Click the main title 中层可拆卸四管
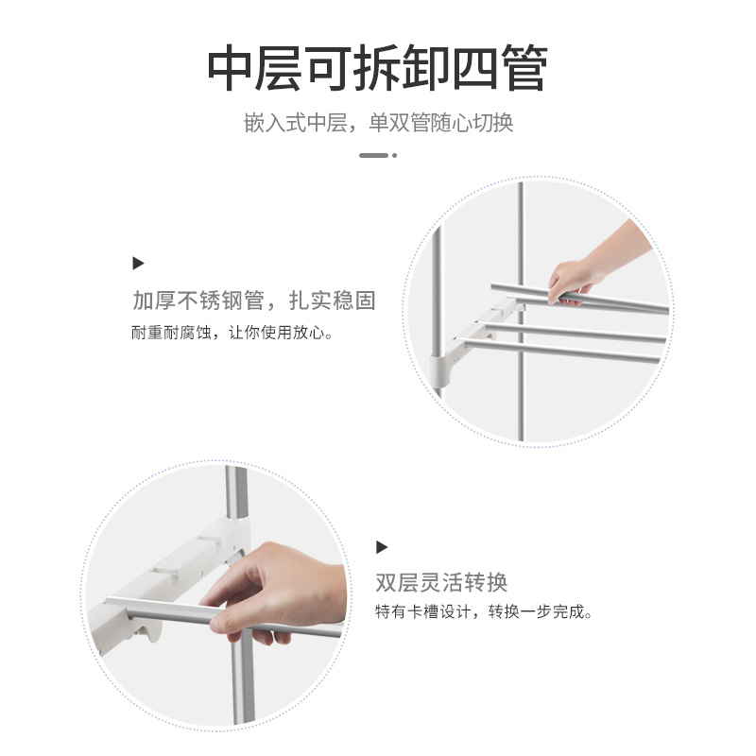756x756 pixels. (377, 68)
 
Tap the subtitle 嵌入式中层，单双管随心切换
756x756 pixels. (379, 123)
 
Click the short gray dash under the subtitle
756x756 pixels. (373, 155)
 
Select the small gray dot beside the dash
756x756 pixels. (394, 155)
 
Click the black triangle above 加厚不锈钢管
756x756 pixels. (138, 264)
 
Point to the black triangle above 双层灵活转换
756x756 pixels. (382, 547)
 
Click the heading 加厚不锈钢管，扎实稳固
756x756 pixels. (254, 301)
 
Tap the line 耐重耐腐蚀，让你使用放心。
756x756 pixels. (232, 333)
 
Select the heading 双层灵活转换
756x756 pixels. (441, 582)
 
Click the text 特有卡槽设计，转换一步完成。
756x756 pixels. (484, 611)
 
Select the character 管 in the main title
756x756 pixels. (524, 68)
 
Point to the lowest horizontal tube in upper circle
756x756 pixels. (561, 351)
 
